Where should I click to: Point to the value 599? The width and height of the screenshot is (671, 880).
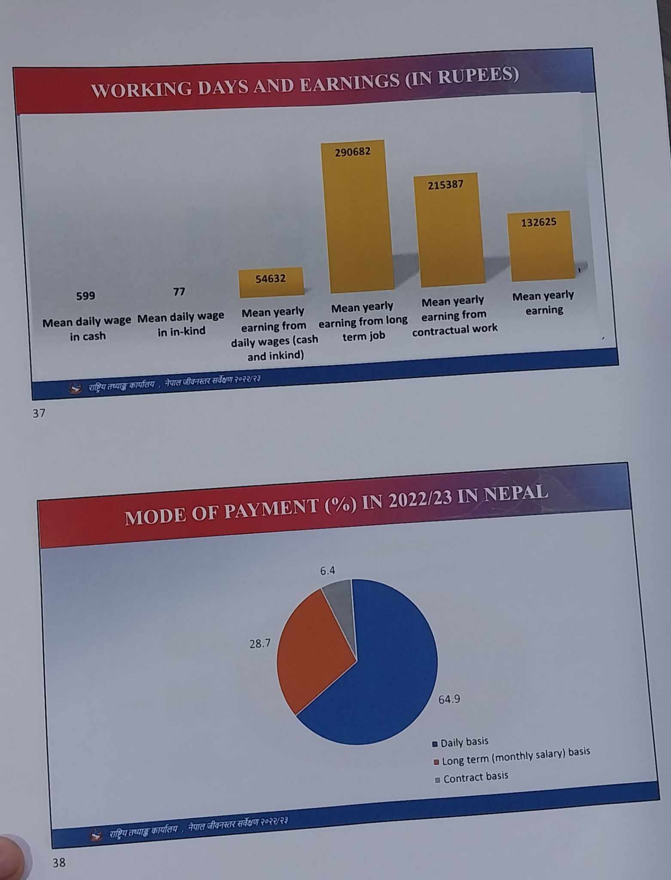coord(85,296)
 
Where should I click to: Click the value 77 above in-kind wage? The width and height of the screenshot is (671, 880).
coord(179,292)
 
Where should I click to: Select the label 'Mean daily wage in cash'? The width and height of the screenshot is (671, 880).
coord(87,329)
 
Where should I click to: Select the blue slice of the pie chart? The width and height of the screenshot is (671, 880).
coord(387,679)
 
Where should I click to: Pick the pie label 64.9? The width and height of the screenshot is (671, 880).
coord(449,700)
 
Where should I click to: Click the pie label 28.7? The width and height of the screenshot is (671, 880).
coord(260,643)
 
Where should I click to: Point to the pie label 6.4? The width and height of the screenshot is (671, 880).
coord(327,571)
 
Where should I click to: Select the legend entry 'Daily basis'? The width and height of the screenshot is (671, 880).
coord(464,742)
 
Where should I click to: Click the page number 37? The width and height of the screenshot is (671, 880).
coord(39,413)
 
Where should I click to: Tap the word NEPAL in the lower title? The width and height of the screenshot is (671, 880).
coord(515,493)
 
